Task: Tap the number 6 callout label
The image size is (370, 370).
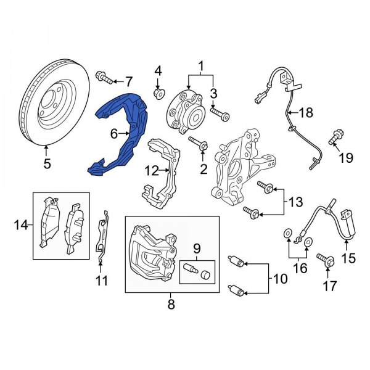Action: pos(113,133)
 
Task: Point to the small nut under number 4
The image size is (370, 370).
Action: pos(158,93)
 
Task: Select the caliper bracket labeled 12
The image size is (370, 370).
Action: pos(162,170)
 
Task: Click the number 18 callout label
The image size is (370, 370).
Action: pos(306,113)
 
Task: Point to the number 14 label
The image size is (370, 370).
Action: pos(21,226)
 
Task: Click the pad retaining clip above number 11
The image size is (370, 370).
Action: pos(104,237)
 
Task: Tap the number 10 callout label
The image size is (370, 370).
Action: pos(279,279)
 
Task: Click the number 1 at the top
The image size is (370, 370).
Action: pos(200,65)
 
